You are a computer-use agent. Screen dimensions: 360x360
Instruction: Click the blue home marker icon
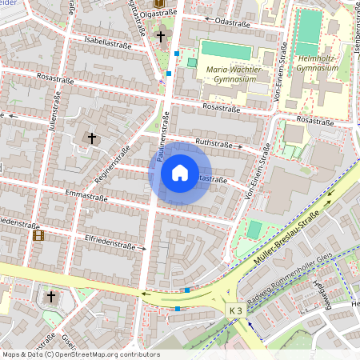coord(179,173)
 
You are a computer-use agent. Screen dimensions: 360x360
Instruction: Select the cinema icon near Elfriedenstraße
coord(38,235)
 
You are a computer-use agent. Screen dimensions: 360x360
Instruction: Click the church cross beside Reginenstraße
coord(92,138)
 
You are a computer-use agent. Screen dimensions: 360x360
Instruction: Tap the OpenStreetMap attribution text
coord(80,354)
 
